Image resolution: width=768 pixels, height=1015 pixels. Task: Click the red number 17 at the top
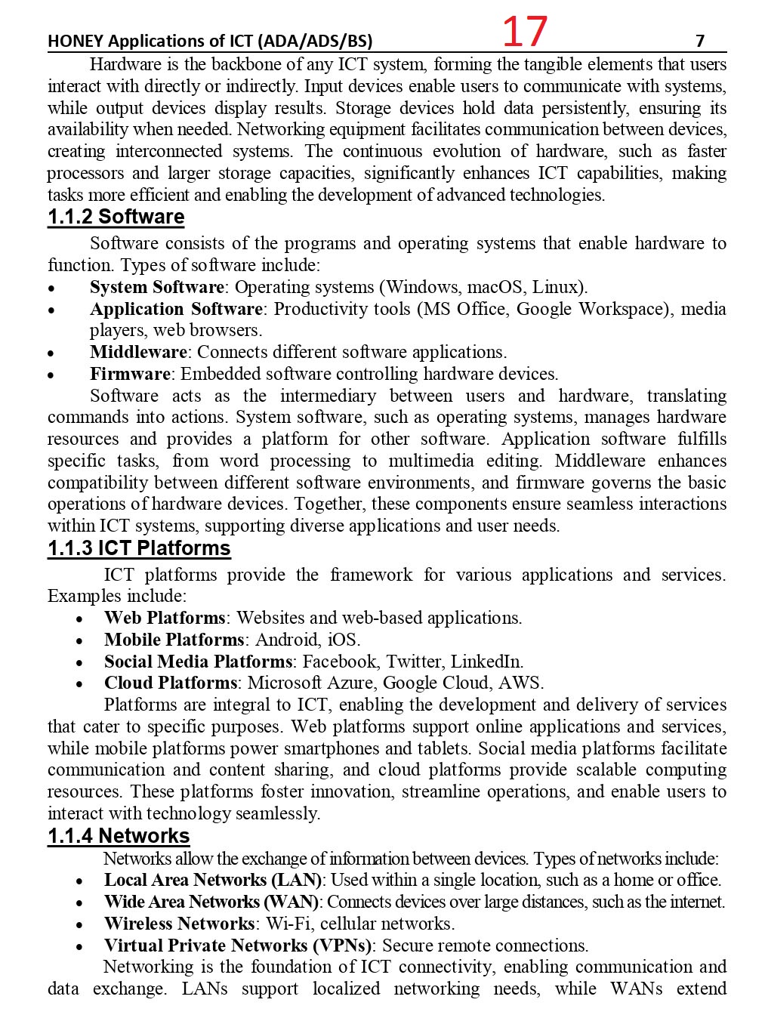pyautogui.click(x=524, y=32)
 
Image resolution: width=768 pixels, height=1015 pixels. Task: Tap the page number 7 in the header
pyautogui.click(x=700, y=41)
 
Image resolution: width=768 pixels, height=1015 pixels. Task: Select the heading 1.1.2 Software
pyautogui.click(x=116, y=217)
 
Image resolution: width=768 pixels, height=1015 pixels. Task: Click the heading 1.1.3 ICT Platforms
pyautogui.click(x=139, y=548)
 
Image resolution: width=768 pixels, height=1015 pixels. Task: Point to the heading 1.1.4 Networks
pyautogui.click(x=119, y=835)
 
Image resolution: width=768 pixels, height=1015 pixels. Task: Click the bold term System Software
pyautogui.click(x=156, y=287)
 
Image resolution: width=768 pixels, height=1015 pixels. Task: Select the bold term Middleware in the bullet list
pyautogui.click(x=138, y=352)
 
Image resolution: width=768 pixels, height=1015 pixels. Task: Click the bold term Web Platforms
pyautogui.click(x=165, y=618)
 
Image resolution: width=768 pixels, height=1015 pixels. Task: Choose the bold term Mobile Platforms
pyautogui.click(x=174, y=640)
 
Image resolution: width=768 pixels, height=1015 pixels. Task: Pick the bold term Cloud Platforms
pyautogui.click(x=171, y=683)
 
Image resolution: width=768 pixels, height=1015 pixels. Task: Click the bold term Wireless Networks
pyautogui.click(x=179, y=924)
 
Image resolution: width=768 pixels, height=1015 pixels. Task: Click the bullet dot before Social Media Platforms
pyautogui.click(x=79, y=663)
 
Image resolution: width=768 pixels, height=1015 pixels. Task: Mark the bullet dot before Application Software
pyautogui.click(x=51, y=310)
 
